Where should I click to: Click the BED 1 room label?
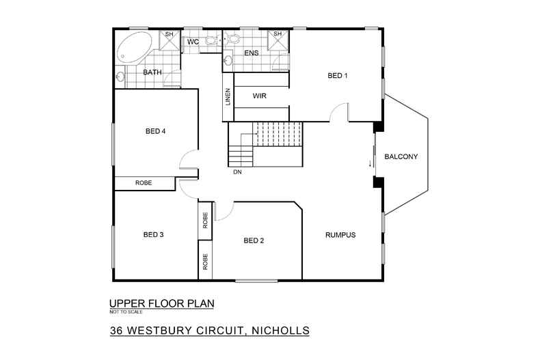(x=338, y=76)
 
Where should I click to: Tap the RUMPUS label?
(x=340, y=234)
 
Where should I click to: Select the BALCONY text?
(x=401, y=156)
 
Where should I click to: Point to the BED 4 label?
(x=155, y=131)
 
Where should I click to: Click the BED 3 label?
(x=153, y=234)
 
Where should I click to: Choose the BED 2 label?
(x=254, y=240)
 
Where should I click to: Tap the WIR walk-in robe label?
(x=259, y=96)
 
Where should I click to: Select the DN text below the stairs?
(x=237, y=172)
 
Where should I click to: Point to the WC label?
(x=193, y=42)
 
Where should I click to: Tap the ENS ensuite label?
(x=251, y=53)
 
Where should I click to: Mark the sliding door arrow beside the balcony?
(x=370, y=163)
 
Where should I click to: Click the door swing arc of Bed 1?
(x=338, y=111)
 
